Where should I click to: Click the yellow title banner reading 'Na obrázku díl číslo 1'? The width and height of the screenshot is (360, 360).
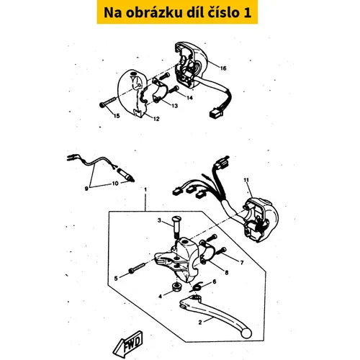(x=177, y=12)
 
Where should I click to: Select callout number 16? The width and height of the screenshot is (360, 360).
(x=223, y=68)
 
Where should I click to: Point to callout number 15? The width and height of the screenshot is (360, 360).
(x=117, y=116)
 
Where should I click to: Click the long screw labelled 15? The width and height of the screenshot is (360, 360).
(x=108, y=102)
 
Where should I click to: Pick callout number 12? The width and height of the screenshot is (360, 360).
(x=156, y=119)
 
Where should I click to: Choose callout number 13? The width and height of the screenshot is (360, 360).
(x=174, y=106)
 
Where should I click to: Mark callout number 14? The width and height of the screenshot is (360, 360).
(x=189, y=98)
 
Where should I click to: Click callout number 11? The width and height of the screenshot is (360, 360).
(x=246, y=180)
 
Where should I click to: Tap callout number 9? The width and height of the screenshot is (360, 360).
(x=86, y=189)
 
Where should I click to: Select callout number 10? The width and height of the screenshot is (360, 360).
(x=115, y=184)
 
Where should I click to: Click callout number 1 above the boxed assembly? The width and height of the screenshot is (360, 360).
(x=145, y=189)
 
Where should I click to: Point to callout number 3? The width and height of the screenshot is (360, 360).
(x=159, y=220)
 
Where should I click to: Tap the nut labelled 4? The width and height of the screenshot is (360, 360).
(x=177, y=287)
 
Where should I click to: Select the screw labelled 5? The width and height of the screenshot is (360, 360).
(x=138, y=268)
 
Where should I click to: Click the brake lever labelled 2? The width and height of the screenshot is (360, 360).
(x=215, y=316)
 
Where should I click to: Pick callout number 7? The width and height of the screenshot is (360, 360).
(x=242, y=263)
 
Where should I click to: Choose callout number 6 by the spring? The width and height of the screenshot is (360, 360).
(x=215, y=282)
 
